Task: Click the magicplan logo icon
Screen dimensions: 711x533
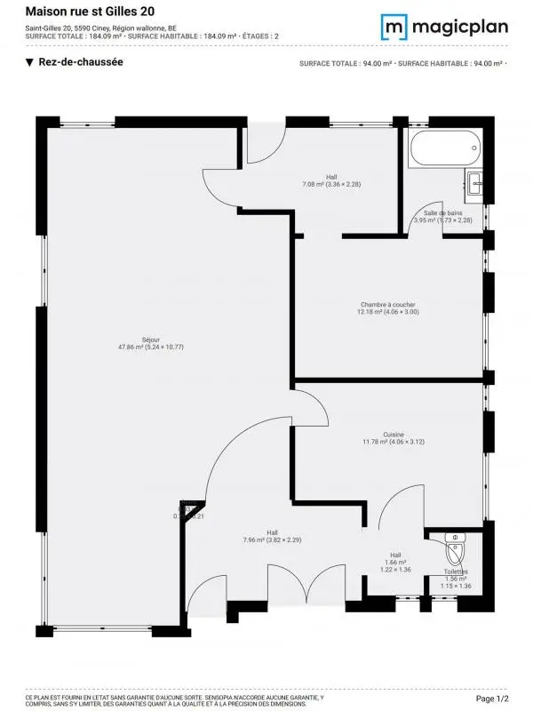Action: click(394, 26)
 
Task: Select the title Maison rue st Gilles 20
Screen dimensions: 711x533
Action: click(83, 12)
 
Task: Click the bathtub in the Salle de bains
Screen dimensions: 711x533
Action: click(443, 149)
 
